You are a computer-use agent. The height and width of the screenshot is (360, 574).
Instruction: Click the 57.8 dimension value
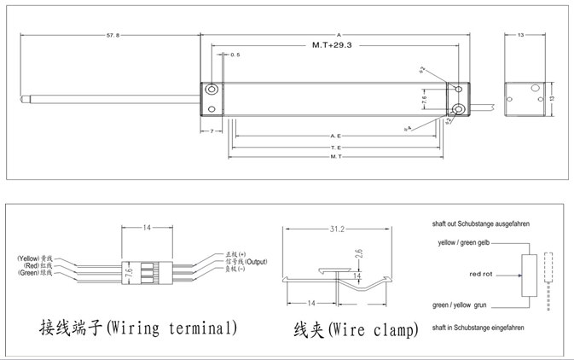click(x=113, y=37)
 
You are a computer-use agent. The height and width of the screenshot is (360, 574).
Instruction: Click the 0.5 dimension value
click(x=236, y=54)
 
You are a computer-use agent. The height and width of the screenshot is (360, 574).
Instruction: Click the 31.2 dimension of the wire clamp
click(x=338, y=229)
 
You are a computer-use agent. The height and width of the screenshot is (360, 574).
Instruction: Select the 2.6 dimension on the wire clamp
click(x=360, y=253)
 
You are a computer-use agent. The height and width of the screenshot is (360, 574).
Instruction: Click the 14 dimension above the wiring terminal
click(x=147, y=229)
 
